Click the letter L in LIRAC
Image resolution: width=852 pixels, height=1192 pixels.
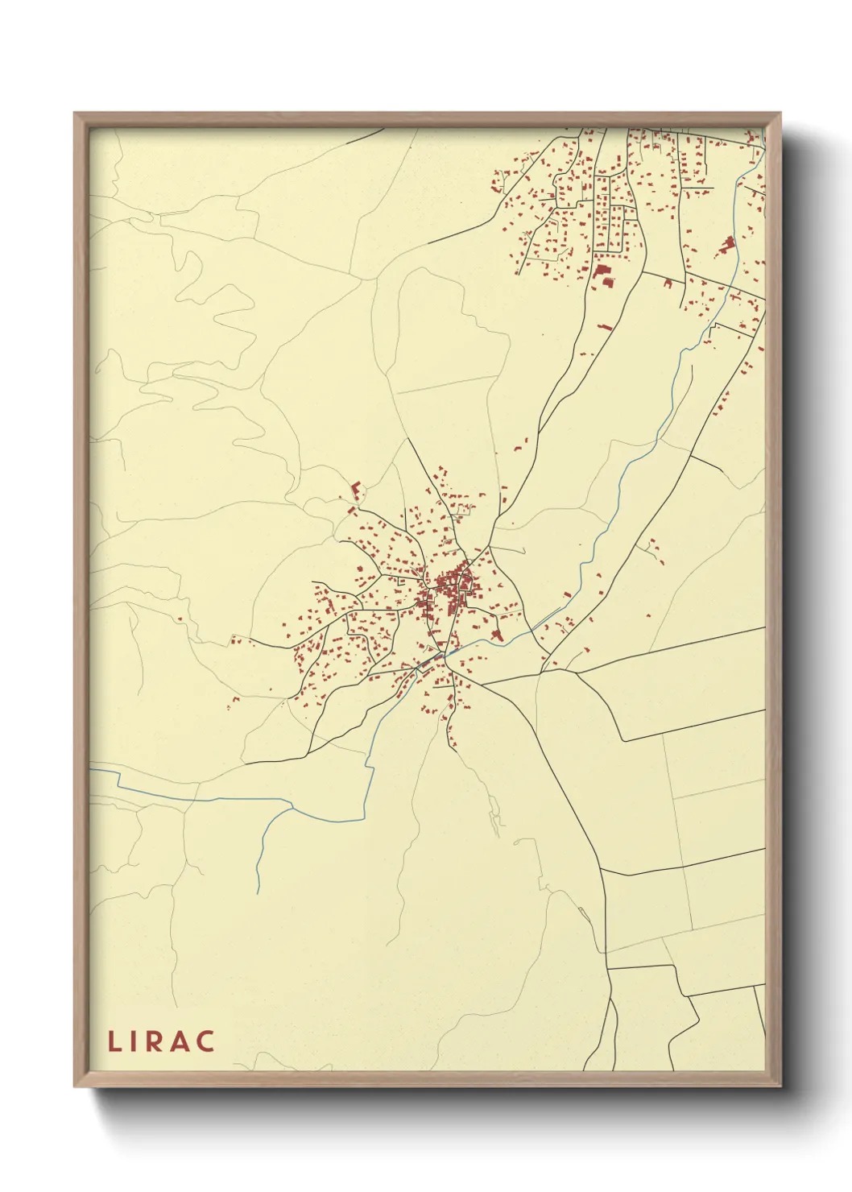click(114, 1041)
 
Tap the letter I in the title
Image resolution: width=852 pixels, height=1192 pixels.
click(136, 1041)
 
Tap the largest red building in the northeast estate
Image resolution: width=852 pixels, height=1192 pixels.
click(602, 271)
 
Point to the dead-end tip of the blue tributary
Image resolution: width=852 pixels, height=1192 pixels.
click(258, 892)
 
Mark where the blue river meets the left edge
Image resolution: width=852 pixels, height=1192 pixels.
click(91, 769)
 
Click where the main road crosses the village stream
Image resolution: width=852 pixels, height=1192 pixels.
click(442, 656)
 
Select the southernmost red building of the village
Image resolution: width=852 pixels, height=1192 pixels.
click(453, 746)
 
